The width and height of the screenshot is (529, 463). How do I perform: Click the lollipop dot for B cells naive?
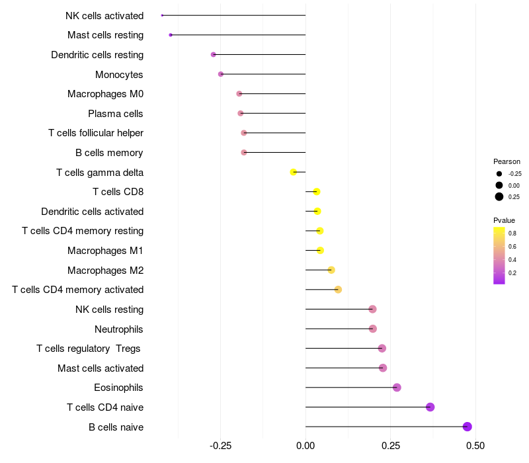coord(468,427)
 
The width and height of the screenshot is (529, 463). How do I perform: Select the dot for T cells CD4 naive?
coord(430,407)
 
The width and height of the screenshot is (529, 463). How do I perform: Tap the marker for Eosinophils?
coord(397,387)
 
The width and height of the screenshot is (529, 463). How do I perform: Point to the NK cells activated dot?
coord(162,15)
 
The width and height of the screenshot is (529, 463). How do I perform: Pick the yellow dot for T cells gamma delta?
coord(294,172)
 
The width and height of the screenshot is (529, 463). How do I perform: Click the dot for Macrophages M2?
coord(331,270)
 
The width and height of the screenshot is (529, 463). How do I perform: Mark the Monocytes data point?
coord(221,74)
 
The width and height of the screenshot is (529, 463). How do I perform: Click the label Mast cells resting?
coord(105,35)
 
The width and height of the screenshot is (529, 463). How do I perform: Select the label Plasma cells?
coord(116,114)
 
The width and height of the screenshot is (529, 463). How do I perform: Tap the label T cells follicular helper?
coord(96,133)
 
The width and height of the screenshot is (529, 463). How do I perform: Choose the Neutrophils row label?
coord(119,329)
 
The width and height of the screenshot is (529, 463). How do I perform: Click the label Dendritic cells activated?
coord(92,212)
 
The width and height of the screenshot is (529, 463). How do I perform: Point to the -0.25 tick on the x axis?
coord(220,446)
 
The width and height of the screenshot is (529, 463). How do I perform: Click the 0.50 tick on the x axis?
coord(475,446)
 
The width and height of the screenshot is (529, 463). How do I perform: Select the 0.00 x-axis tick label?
coord(305,446)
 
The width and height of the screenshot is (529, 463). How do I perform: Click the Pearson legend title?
coord(507,161)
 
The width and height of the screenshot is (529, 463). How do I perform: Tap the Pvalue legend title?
coord(504,220)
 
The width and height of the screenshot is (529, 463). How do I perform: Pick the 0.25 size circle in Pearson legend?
coord(499,196)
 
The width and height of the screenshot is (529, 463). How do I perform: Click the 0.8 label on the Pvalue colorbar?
coord(512,233)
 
